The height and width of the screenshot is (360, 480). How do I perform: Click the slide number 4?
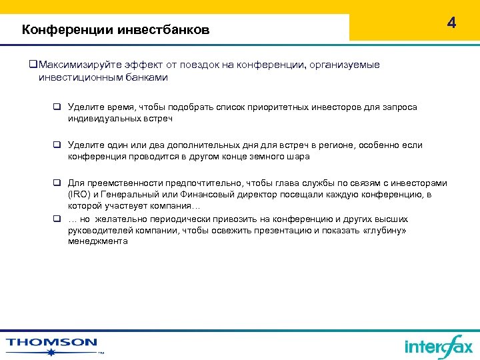(452, 23)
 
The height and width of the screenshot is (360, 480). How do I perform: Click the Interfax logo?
(438, 346)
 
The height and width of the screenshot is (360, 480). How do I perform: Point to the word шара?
(299, 157)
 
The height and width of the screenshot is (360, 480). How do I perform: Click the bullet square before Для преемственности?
(57, 183)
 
